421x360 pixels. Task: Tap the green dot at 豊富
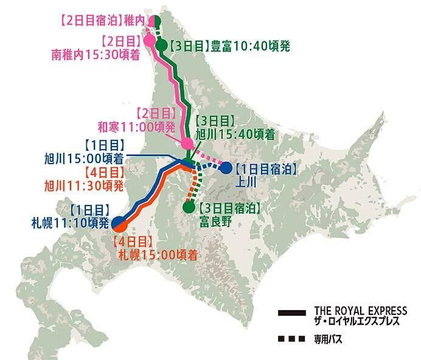point(162,44)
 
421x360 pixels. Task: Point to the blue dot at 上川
point(226,168)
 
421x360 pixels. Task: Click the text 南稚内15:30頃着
point(97,54)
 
